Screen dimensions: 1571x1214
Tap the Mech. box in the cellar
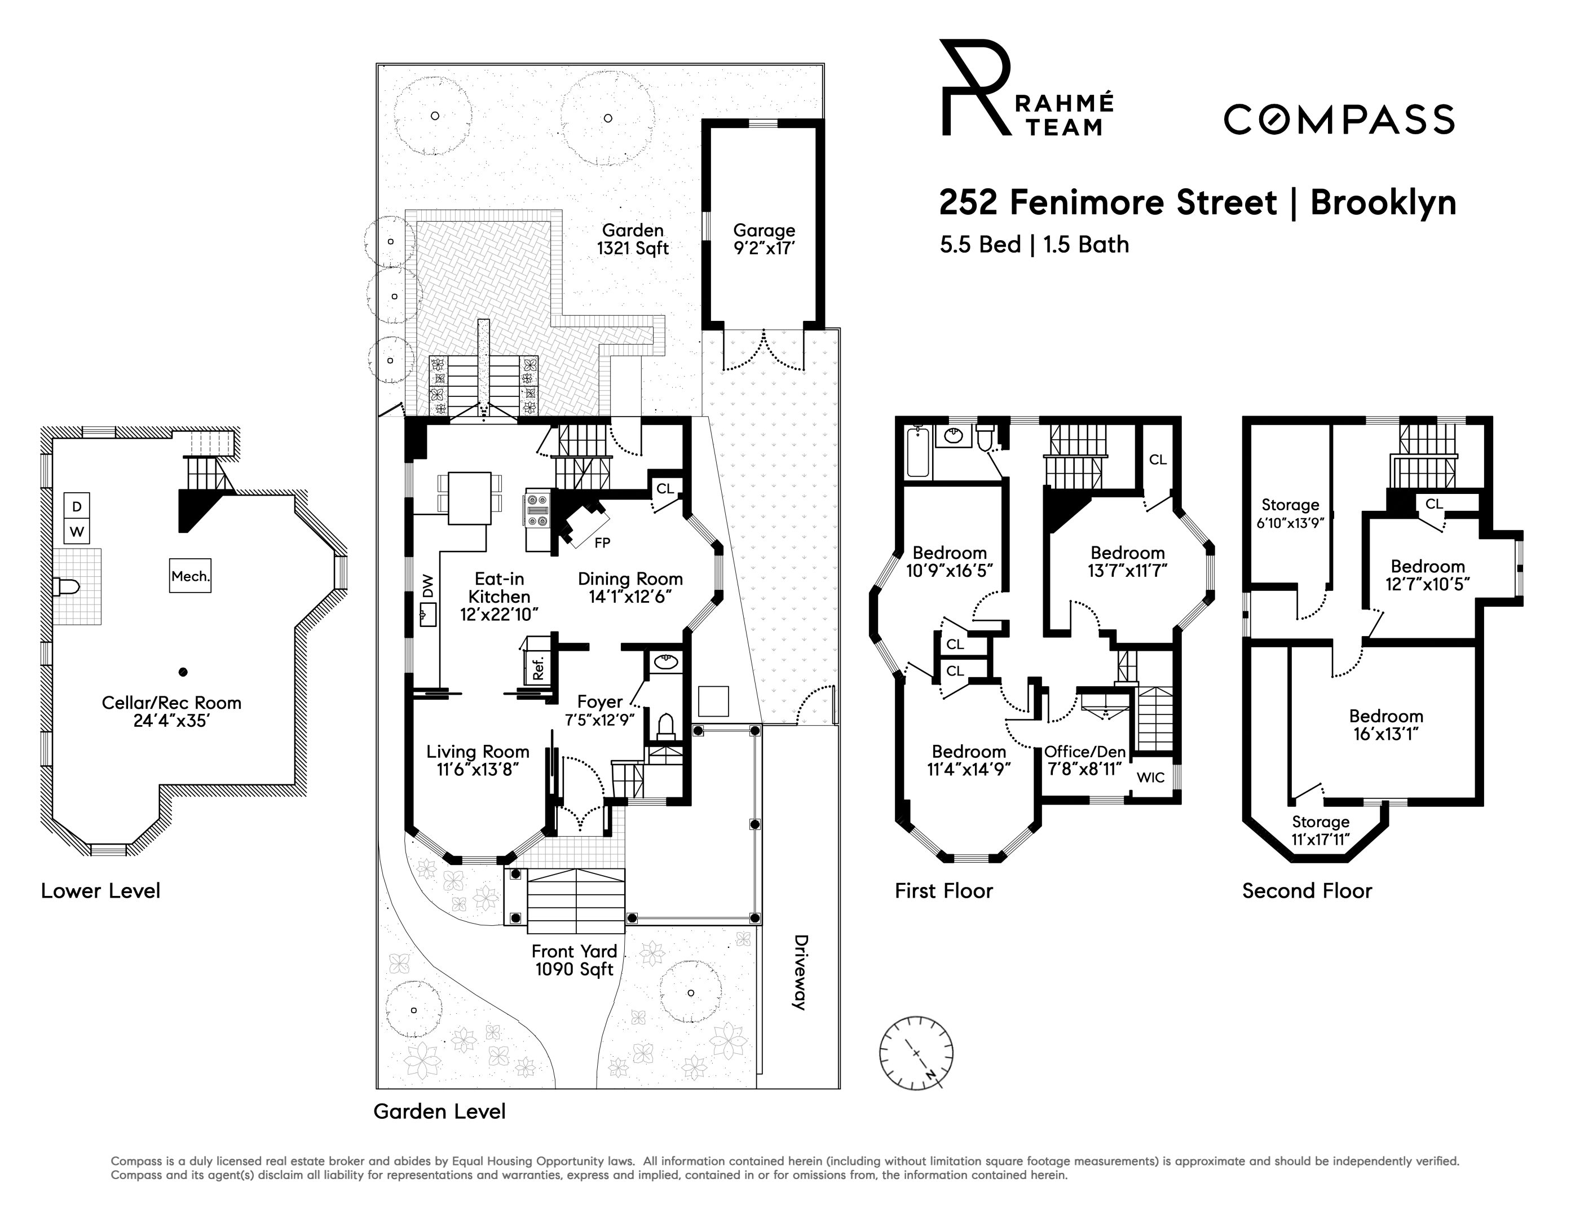(191, 576)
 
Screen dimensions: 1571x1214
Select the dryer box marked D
(77, 506)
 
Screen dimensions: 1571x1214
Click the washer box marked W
(77, 532)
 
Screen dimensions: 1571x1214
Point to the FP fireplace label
(602, 542)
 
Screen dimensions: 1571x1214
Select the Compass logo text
(1339, 120)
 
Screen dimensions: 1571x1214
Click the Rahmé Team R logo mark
(976, 87)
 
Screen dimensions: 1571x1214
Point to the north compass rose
(916, 1053)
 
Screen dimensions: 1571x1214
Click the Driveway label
(800, 972)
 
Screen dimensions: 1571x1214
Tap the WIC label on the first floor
(1150, 778)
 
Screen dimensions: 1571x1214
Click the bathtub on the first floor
(918, 452)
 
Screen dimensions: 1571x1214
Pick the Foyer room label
(600, 702)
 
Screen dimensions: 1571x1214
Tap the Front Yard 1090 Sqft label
(574, 960)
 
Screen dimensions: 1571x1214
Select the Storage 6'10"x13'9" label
(1290, 514)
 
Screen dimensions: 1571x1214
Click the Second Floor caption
(1307, 891)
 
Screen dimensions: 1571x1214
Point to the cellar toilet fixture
(66, 587)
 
